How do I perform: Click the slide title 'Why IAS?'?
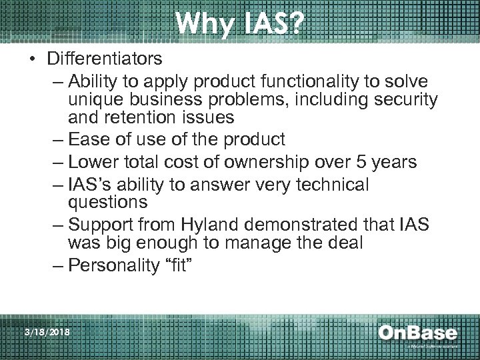click(240, 25)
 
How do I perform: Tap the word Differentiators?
click(104, 59)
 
